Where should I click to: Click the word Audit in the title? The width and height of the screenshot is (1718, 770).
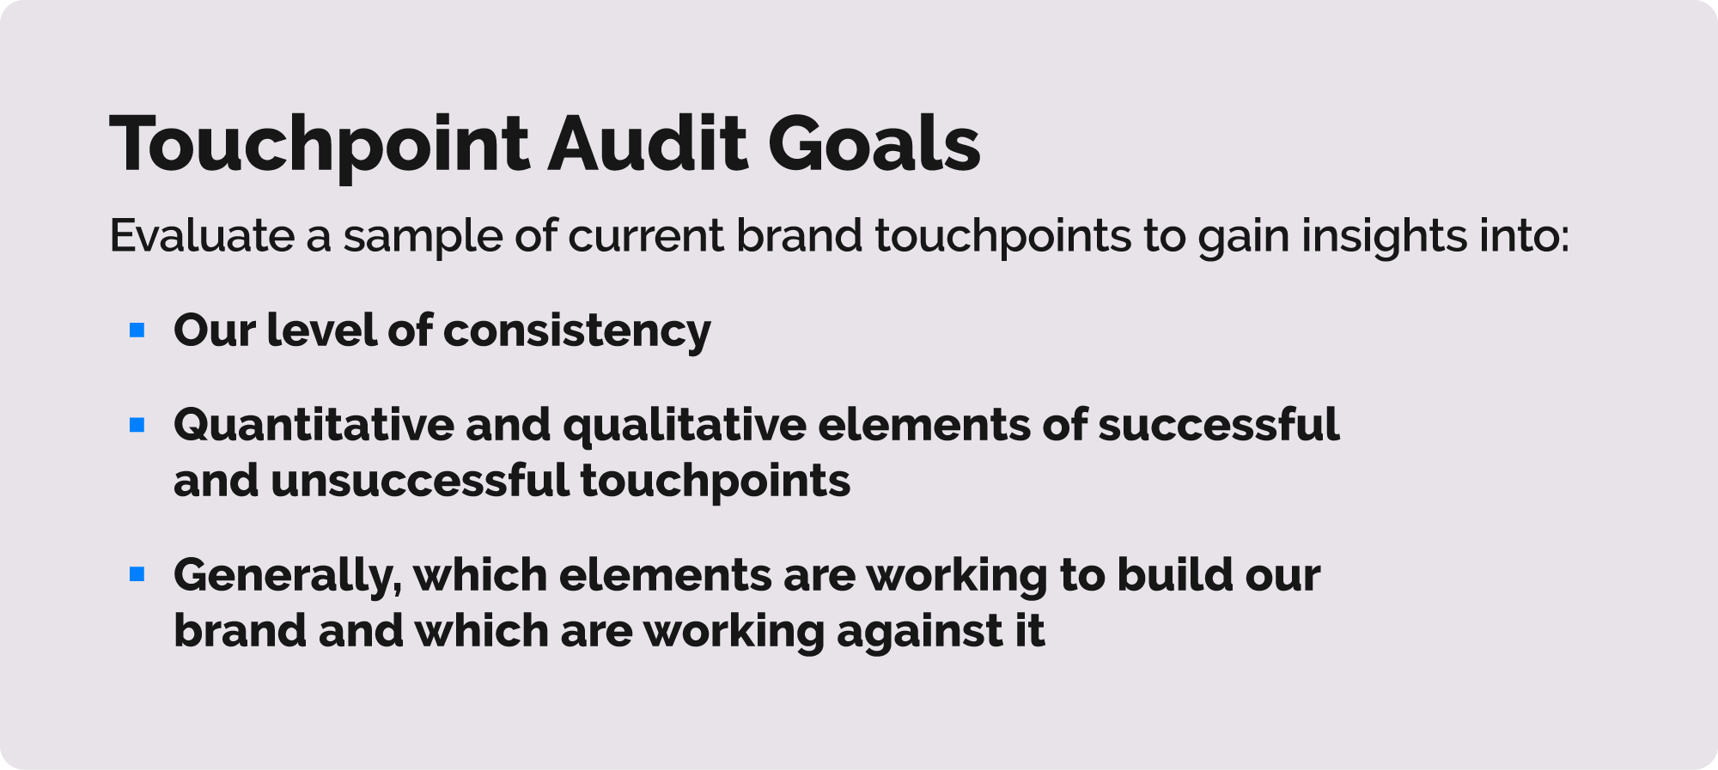click(x=649, y=144)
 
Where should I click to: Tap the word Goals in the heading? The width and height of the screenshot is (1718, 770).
click(x=874, y=144)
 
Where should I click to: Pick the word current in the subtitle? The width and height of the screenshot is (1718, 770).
click(x=646, y=237)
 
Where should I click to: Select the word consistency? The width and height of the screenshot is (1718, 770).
click(x=577, y=332)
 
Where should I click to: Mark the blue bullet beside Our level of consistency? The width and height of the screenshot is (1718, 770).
click(x=137, y=330)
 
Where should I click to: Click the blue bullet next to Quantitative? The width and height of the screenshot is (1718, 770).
click(x=137, y=424)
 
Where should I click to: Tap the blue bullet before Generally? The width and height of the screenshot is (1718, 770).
click(x=137, y=574)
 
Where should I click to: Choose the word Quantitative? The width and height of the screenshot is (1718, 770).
click(x=314, y=426)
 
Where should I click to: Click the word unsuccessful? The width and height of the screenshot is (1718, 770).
click(x=420, y=481)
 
